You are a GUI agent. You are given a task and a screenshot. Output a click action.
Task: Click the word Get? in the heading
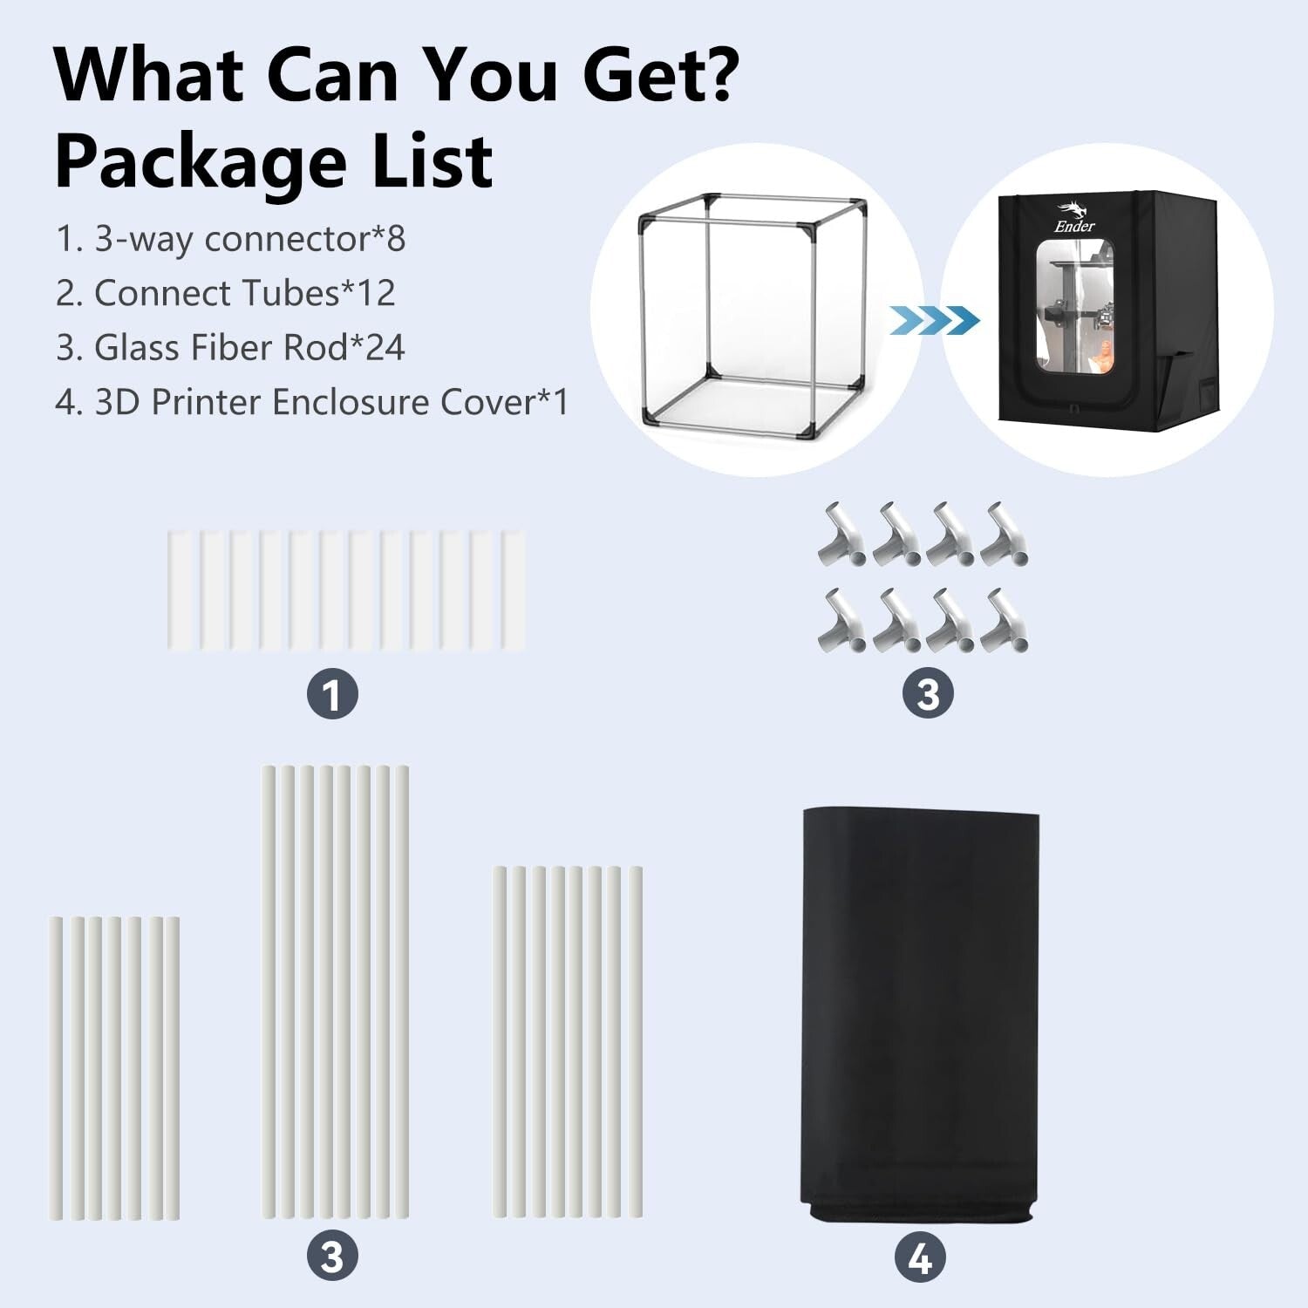[661, 77]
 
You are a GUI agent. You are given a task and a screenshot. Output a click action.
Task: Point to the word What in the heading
[148, 77]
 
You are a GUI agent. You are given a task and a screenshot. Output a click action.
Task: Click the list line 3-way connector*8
[231, 239]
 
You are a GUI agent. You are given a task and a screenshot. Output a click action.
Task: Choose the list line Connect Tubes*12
[226, 293]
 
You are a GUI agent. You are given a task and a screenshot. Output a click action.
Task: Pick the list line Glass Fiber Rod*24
[230, 347]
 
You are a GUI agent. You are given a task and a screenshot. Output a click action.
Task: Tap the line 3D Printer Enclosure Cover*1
[311, 402]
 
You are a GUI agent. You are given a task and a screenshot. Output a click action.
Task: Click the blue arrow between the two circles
[934, 320]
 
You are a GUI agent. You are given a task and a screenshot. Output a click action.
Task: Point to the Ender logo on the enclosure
[1074, 218]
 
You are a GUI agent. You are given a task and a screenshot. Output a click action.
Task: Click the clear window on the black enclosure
[1073, 318]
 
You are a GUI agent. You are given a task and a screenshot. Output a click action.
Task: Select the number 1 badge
[332, 694]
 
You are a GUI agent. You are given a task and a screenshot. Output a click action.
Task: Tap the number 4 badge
[920, 1258]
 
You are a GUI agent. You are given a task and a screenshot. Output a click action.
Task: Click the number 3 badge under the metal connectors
[928, 694]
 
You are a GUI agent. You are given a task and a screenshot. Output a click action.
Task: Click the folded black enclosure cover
[920, 1012]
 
